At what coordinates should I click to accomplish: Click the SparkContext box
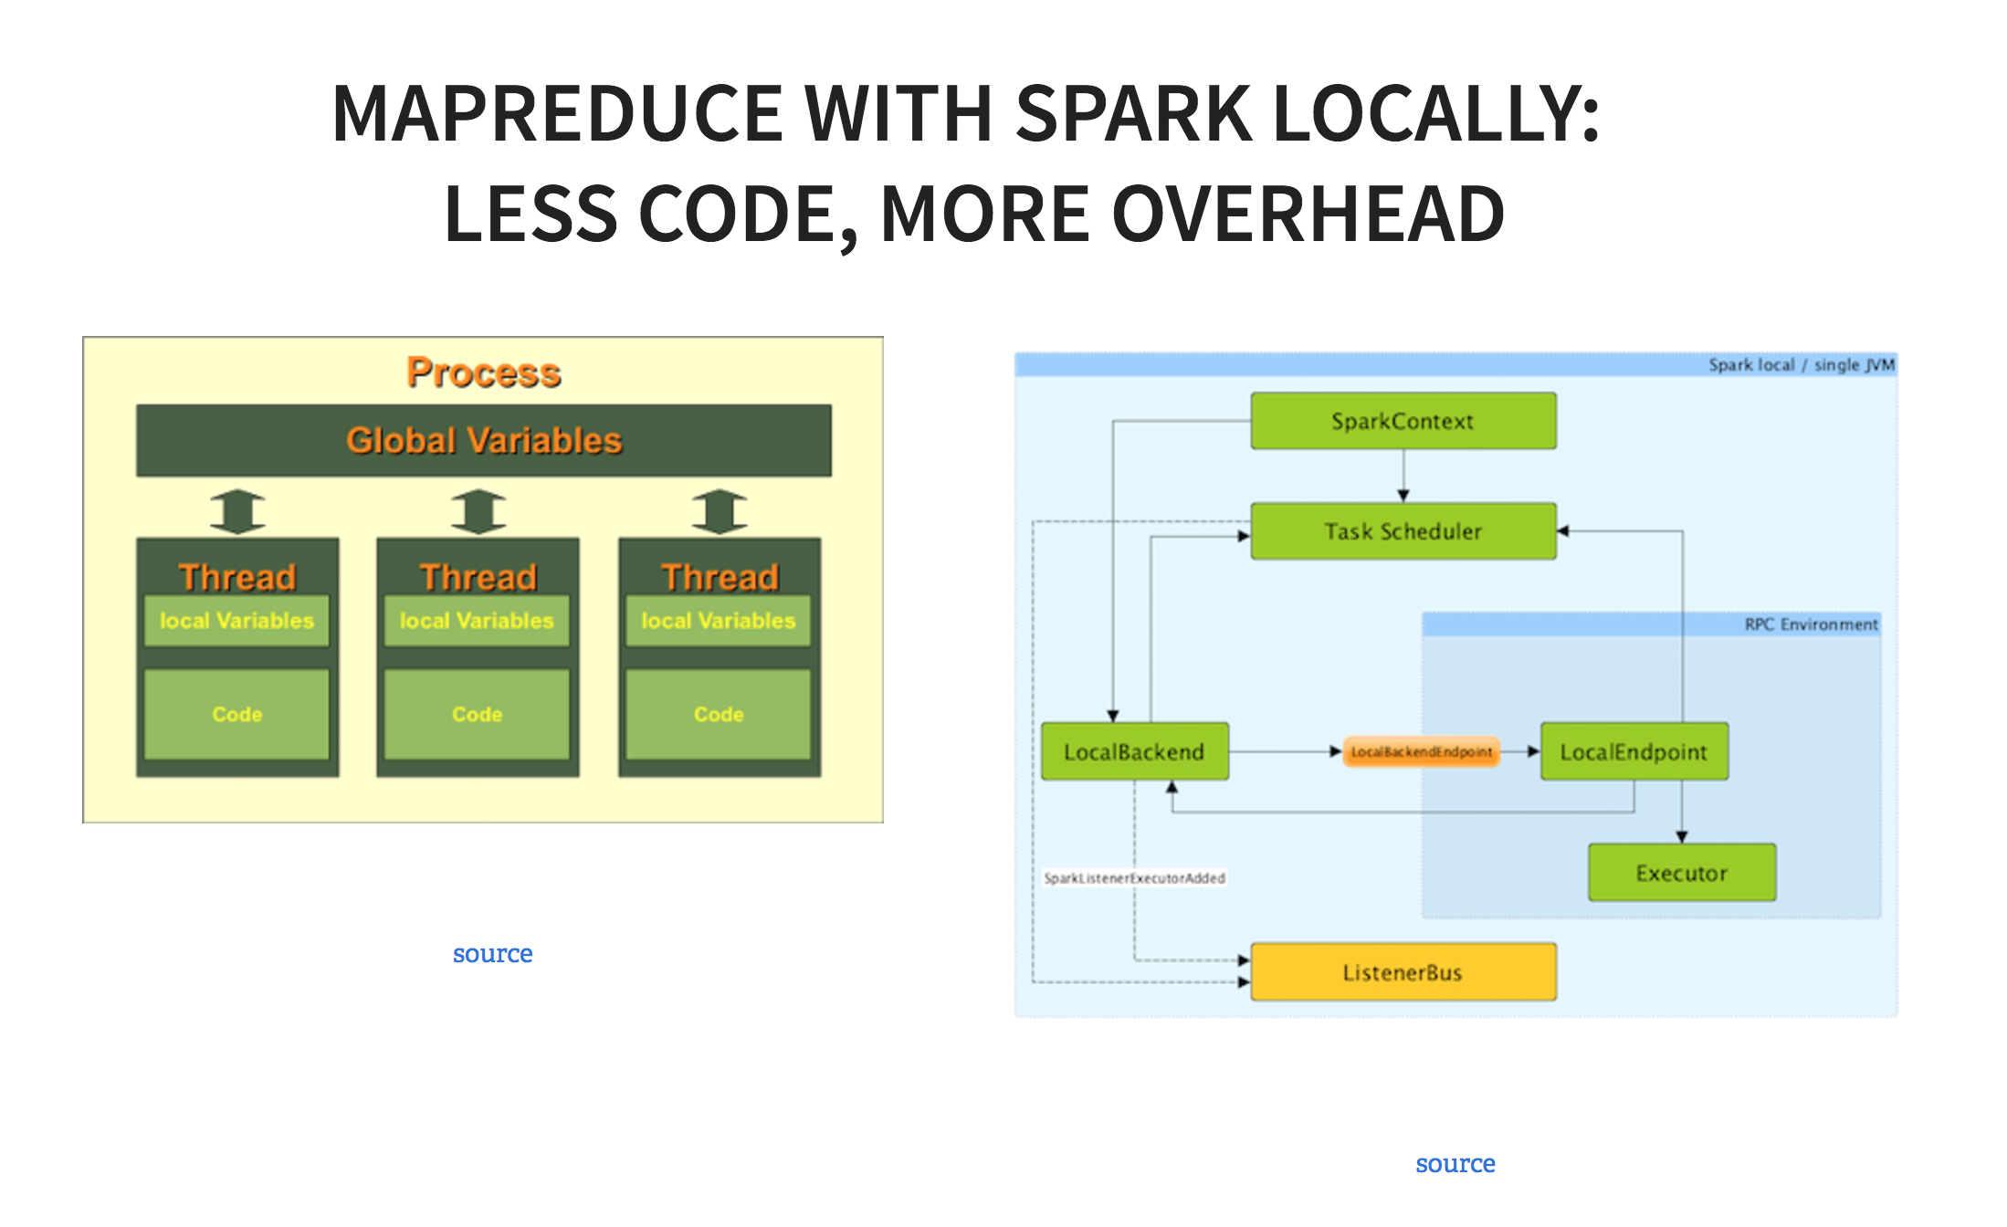pyautogui.click(x=1403, y=421)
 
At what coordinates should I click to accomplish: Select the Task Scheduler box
pyautogui.click(x=1403, y=531)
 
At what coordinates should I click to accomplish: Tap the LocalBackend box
pyautogui.click(x=1134, y=751)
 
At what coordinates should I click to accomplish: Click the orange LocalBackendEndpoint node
pyautogui.click(x=1421, y=751)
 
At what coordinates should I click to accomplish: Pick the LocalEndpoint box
pyautogui.click(x=1634, y=751)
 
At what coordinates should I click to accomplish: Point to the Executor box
pyautogui.click(x=1681, y=873)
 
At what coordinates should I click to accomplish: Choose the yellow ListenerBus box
pyautogui.click(x=1403, y=972)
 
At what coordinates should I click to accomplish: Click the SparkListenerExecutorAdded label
pyautogui.click(x=1134, y=878)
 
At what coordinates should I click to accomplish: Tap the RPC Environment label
pyautogui.click(x=1811, y=624)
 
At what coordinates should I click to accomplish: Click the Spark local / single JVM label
pyautogui.click(x=1801, y=365)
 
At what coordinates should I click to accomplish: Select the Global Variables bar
pyautogui.click(x=484, y=440)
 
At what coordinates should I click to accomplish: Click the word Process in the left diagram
pyautogui.click(x=484, y=372)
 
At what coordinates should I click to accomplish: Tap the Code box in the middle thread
pyautogui.click(x=478, y=714)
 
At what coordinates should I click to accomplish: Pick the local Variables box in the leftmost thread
pyautogui.click(x=236, y=621)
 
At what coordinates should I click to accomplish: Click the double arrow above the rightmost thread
pyautogui.click(x=720, y=511)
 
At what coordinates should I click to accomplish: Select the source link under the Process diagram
pyautogui.click(x=492, y=954)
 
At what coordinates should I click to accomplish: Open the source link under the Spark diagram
pyautogui.click(x=1455, y=1164)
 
